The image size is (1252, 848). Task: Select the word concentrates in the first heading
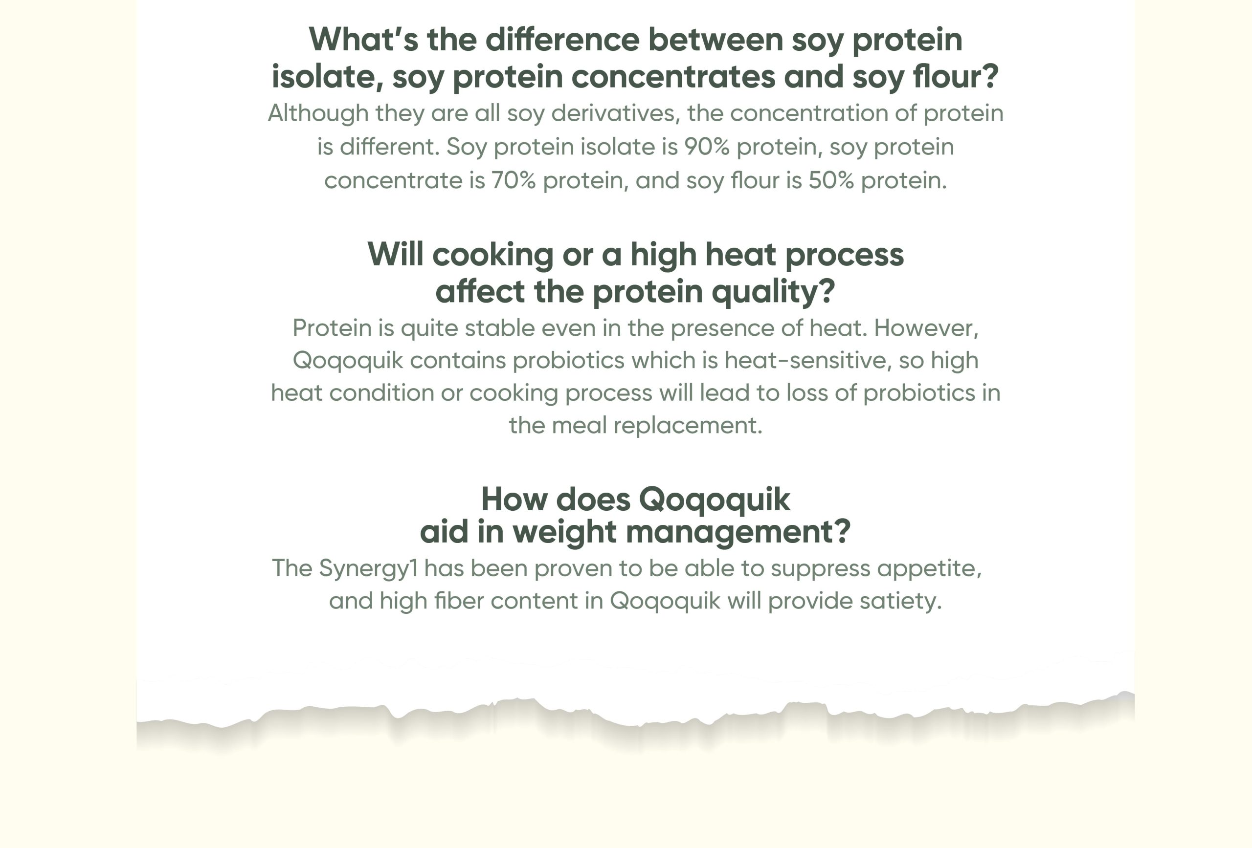click(x=673, y=76)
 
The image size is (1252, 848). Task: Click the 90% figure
click(x=707, y=147)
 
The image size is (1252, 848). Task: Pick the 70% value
click(x=514, y=180)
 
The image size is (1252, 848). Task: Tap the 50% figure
click(x=831, y=180)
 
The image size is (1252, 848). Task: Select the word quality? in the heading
click(x=773, y=292)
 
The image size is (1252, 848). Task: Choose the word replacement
click(x=688, y=426)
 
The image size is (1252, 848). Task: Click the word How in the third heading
click(x=514, y=499)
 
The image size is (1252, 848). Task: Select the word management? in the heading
click(x=738, y=532)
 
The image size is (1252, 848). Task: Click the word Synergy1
click(x=368, y=569)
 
